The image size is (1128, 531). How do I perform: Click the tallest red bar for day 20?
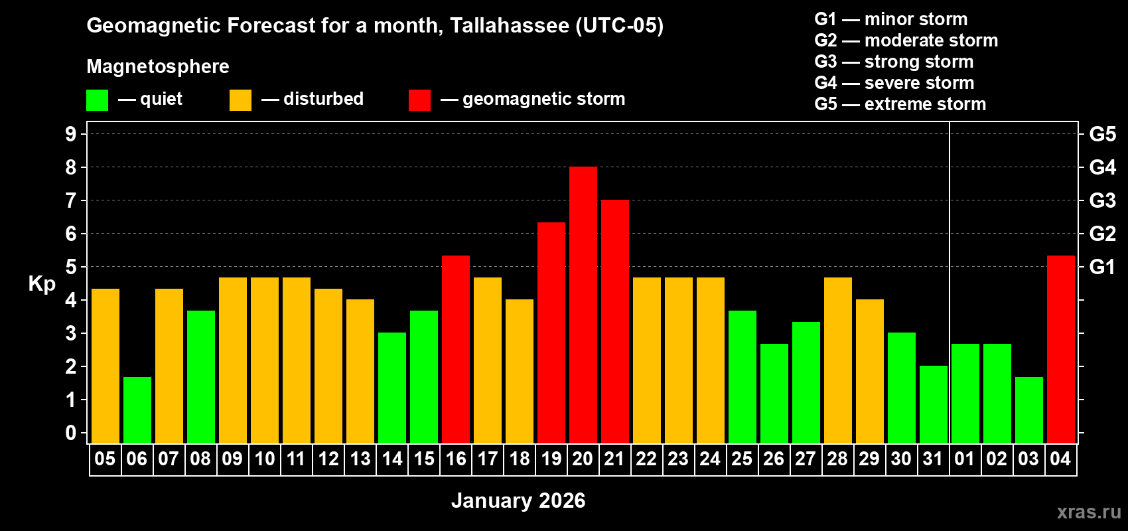tap(583, 305)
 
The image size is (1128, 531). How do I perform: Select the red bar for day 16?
tap(455, 349)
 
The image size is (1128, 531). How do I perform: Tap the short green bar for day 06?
tap(137, 410)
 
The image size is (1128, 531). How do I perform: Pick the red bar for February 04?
tap(1060, 349)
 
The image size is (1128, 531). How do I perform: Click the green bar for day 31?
tap(933, 404)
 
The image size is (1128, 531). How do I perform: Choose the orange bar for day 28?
tap(837, 360)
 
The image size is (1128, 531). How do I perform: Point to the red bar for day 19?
tap(551, 333)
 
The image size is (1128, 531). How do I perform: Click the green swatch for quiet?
tap(97, 100)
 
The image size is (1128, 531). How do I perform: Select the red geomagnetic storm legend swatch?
tap(419, 100)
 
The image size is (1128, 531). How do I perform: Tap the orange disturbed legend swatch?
tap(240, 100)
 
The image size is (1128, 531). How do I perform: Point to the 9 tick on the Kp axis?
tap(71, 134)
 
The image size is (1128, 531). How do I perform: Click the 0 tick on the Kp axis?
tap(71, 433)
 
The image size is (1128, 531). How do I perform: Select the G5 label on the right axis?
tap(1102, 134)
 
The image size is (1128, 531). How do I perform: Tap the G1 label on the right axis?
tap(1102, 267)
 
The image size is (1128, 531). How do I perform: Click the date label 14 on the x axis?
tap(391, 459)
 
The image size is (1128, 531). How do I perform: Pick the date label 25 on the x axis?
tap(742, 459)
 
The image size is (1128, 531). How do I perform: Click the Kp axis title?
tap(42, 283)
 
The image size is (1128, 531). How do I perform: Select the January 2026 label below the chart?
tap(518, 500)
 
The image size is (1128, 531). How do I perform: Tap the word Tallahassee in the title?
tap(509, 25)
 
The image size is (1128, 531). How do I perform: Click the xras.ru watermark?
tap(1089, 511)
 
